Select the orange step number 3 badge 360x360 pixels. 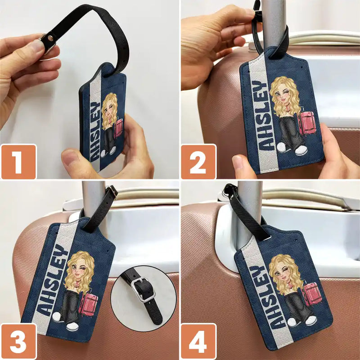tap(18, 341)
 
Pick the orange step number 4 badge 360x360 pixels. tap(198, 341)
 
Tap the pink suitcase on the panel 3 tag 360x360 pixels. tap(89, 304)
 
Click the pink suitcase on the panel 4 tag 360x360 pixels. tap(312, 294)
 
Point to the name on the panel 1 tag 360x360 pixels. tap(94, 130)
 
